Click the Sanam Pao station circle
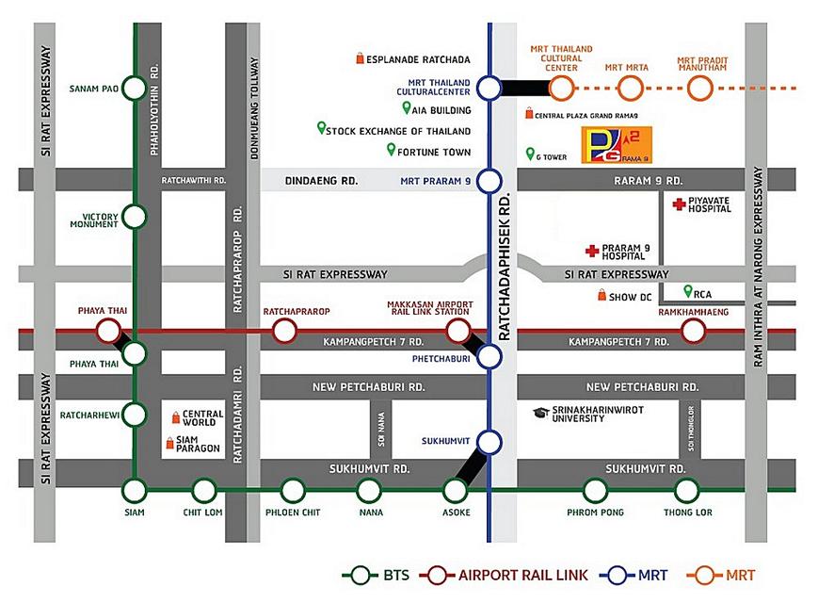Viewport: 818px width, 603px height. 136,90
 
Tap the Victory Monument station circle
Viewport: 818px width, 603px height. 136,218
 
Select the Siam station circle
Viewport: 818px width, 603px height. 136,490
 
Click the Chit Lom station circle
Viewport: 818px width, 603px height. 204,490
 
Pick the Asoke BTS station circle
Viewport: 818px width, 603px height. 456,490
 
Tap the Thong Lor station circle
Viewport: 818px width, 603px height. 687,490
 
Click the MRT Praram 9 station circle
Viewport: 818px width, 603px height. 489,180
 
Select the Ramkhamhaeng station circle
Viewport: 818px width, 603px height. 694,330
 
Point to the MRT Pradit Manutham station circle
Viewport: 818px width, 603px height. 699,89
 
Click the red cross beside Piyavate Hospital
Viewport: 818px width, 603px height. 678,204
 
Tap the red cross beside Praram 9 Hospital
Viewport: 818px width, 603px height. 592,251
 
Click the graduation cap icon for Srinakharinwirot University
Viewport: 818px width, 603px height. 540,413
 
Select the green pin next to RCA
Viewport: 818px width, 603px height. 688,292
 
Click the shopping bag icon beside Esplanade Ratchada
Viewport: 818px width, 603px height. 360,58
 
